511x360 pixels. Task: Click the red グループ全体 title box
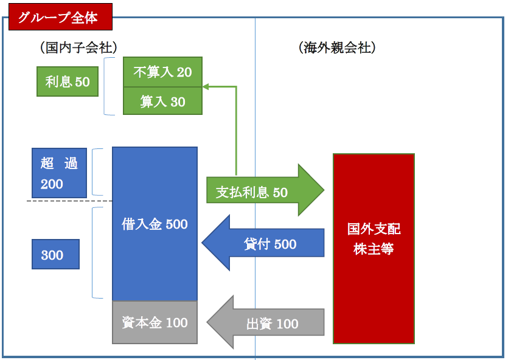coord(61,17)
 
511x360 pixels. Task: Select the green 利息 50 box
coord(68,81)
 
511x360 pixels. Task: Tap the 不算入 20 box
coord(162,72)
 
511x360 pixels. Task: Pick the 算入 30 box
coord(162,101)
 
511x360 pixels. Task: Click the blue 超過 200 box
coord(60,173)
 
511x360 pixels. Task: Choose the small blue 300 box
coord(56,254)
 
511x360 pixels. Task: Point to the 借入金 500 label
coord(155,224)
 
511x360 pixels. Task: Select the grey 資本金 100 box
coord(155,322)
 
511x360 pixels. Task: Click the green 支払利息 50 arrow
coord(265,190)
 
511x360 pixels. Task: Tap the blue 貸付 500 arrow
coord(263,243)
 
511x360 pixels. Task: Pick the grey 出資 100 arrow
coord(266,322)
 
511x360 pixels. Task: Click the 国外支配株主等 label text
coord(374,239)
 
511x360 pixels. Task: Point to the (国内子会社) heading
coord(78,47)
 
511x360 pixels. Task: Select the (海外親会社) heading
coord(337,47)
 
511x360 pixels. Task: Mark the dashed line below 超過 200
coord(69,201)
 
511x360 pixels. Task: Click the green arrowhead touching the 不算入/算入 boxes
coord(206,87)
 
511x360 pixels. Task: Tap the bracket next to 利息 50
coord(104,86)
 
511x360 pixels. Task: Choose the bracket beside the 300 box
coord(93,252)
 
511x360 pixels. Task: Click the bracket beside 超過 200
coord(93,172)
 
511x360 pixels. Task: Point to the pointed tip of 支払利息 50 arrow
coord(324,190)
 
